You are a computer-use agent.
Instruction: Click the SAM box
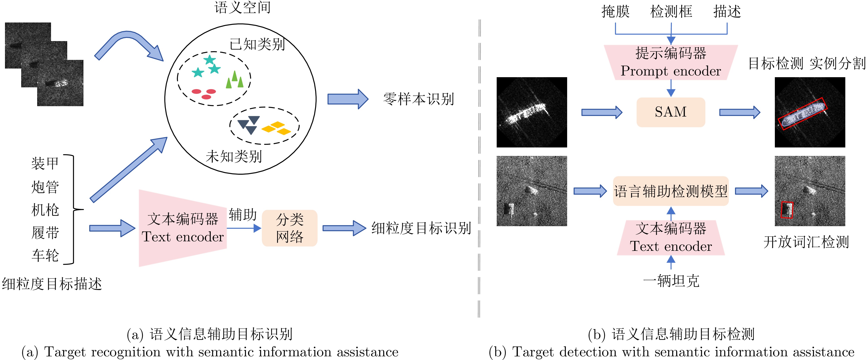(670, 112)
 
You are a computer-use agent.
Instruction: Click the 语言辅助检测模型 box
(670, 191)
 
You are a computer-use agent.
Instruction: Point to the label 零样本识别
(418, 99)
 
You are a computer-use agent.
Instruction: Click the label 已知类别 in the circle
(257, 44)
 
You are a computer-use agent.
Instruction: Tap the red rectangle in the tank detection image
(787, 210)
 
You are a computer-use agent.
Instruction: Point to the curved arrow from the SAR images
(128, 44)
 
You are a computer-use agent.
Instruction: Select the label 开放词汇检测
(806, 242)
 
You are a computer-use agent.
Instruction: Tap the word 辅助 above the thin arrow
(243, 215)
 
